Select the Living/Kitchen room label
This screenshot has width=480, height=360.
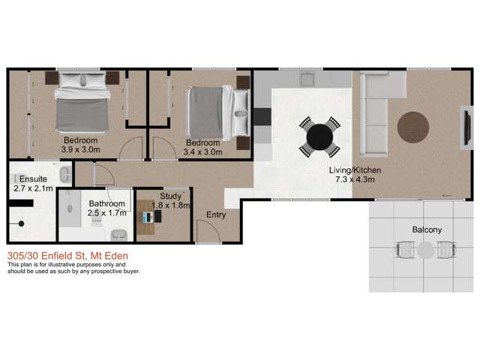coord(355,170)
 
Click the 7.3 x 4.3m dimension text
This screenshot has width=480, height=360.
coord(355,180)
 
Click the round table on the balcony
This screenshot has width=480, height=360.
coord(425,250)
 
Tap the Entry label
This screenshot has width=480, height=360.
coord(216,215)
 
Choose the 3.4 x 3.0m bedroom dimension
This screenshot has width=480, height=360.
coord(202,152)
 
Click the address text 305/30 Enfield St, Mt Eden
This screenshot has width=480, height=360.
coord(67,256)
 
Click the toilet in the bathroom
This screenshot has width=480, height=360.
coord(119,235)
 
